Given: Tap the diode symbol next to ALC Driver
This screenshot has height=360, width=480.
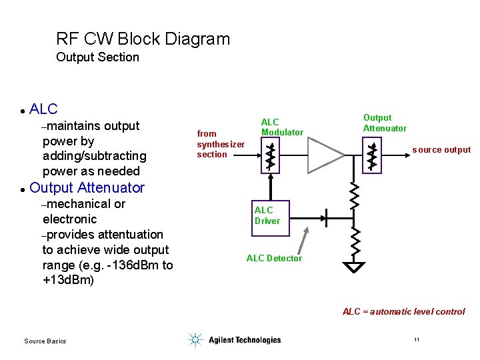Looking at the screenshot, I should coord(326,216).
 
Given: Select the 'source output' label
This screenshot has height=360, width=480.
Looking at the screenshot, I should coord(441,150).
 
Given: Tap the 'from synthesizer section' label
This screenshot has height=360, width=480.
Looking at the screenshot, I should coord(220,144).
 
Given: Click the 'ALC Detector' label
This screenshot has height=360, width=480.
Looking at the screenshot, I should coord(274,259).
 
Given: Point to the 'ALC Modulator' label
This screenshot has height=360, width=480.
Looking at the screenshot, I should coord(281,127).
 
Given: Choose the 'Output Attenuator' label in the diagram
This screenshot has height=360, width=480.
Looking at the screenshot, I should coord(384,123).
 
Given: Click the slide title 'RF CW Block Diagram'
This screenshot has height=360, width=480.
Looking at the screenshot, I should coord(143,39).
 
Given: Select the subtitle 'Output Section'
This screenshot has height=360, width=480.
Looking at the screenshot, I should coord(97,57).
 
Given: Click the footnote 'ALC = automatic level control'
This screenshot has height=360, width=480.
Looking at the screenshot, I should coord(403,311).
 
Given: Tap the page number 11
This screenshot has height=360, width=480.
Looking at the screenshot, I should coord(417,340).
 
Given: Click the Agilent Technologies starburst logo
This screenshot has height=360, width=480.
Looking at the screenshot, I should coord(195,340).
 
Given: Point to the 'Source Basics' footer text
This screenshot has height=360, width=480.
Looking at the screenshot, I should coord(45,341).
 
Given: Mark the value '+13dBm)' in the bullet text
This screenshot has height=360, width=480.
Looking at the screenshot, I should coord(68,280).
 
